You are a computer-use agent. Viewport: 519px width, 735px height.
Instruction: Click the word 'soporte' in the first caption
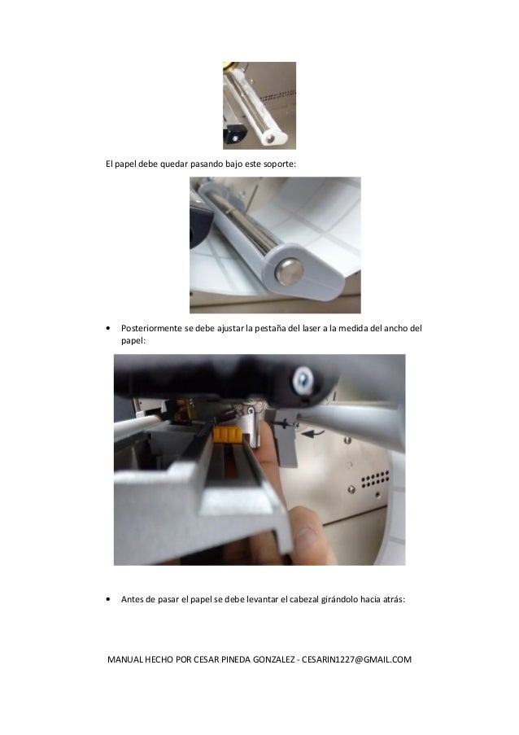pos(278,164)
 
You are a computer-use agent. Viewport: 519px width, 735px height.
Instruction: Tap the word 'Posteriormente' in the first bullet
pos(151,328)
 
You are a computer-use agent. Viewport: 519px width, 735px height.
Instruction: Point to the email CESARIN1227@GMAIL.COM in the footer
pos(356,659)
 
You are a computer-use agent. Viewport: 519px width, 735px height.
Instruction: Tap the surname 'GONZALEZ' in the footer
pos(273,659)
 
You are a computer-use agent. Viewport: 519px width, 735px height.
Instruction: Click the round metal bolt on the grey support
pos(288,271)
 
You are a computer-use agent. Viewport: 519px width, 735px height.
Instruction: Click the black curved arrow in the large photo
pos(312,433)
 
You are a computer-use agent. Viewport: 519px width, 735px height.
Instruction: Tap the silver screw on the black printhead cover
pos(302,378)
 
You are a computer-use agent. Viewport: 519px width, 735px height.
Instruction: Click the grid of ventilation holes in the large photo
pos(375,479)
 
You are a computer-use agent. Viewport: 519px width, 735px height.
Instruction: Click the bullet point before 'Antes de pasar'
pos(109,600)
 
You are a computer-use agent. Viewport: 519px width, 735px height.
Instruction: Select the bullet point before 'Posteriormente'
pos(109,329)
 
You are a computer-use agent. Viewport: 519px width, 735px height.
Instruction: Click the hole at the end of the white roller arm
pos(269,138)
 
